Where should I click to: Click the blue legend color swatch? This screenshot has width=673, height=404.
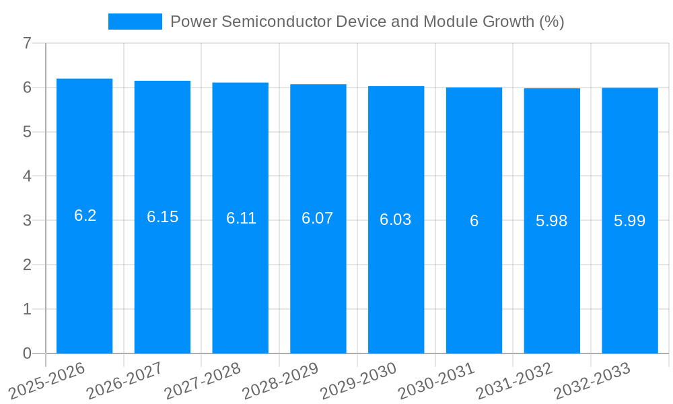click(x=135, y=22)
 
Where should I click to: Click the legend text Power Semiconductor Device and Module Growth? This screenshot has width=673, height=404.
click(x=367, y=22)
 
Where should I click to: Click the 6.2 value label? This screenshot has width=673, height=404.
click(x=85, y=215)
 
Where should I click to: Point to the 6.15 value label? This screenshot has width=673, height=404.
click(x=163, y=217)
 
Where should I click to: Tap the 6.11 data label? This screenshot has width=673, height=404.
click(x=241, y=218)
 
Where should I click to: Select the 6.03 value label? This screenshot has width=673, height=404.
click(x=396, y=220)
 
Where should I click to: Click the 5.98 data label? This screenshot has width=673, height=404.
click(x=552, y=221)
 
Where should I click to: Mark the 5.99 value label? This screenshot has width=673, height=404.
click(x=630, y=221)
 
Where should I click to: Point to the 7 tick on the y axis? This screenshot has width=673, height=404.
click(x=27, y=44)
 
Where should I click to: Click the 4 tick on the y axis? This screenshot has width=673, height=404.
click(x=27, y=176)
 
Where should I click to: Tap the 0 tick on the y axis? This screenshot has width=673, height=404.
click(x=27, y=353)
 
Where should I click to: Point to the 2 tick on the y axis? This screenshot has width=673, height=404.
click(x=27, y=265)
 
